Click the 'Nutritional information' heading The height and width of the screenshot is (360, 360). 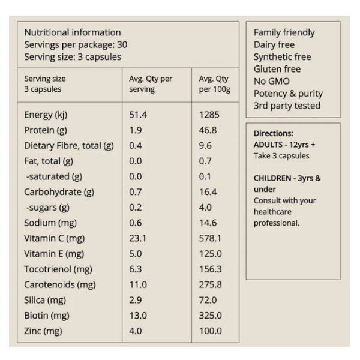(x=73, y=32)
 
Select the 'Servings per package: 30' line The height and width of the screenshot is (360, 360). (x=76, y=45)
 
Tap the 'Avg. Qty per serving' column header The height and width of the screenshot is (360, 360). (x=151, y=84)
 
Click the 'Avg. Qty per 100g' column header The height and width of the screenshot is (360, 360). (x=214, y=84)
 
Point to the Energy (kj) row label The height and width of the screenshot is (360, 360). (x=46, y=115)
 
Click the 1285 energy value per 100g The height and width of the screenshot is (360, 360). (x=209, y=115)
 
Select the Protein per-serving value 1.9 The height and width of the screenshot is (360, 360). (x=136, y=130)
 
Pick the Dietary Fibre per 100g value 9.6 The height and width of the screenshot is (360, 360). (x=205, y=146)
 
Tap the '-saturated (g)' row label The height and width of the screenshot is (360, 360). (x=54, y=176)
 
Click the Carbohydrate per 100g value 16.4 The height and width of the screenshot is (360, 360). (x=208, y=192)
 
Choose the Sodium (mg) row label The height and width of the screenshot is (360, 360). (x=50, y=223)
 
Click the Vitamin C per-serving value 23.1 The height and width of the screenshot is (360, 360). (x=137, y=238)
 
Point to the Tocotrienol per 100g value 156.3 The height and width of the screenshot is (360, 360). (x=211, y=269)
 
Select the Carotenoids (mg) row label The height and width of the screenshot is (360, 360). (x=60, y=284)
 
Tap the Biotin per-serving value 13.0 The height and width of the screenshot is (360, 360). (x=138, y=316)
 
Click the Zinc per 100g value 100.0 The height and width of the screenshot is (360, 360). (x=211, y=331)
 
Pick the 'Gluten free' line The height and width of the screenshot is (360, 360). (x=277, y=69)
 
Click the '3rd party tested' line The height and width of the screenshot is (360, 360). (x=287, y=106)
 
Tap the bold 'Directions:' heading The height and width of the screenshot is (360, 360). (x=274, y=133)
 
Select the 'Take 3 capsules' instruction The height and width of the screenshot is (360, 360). (x=281, y=156)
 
